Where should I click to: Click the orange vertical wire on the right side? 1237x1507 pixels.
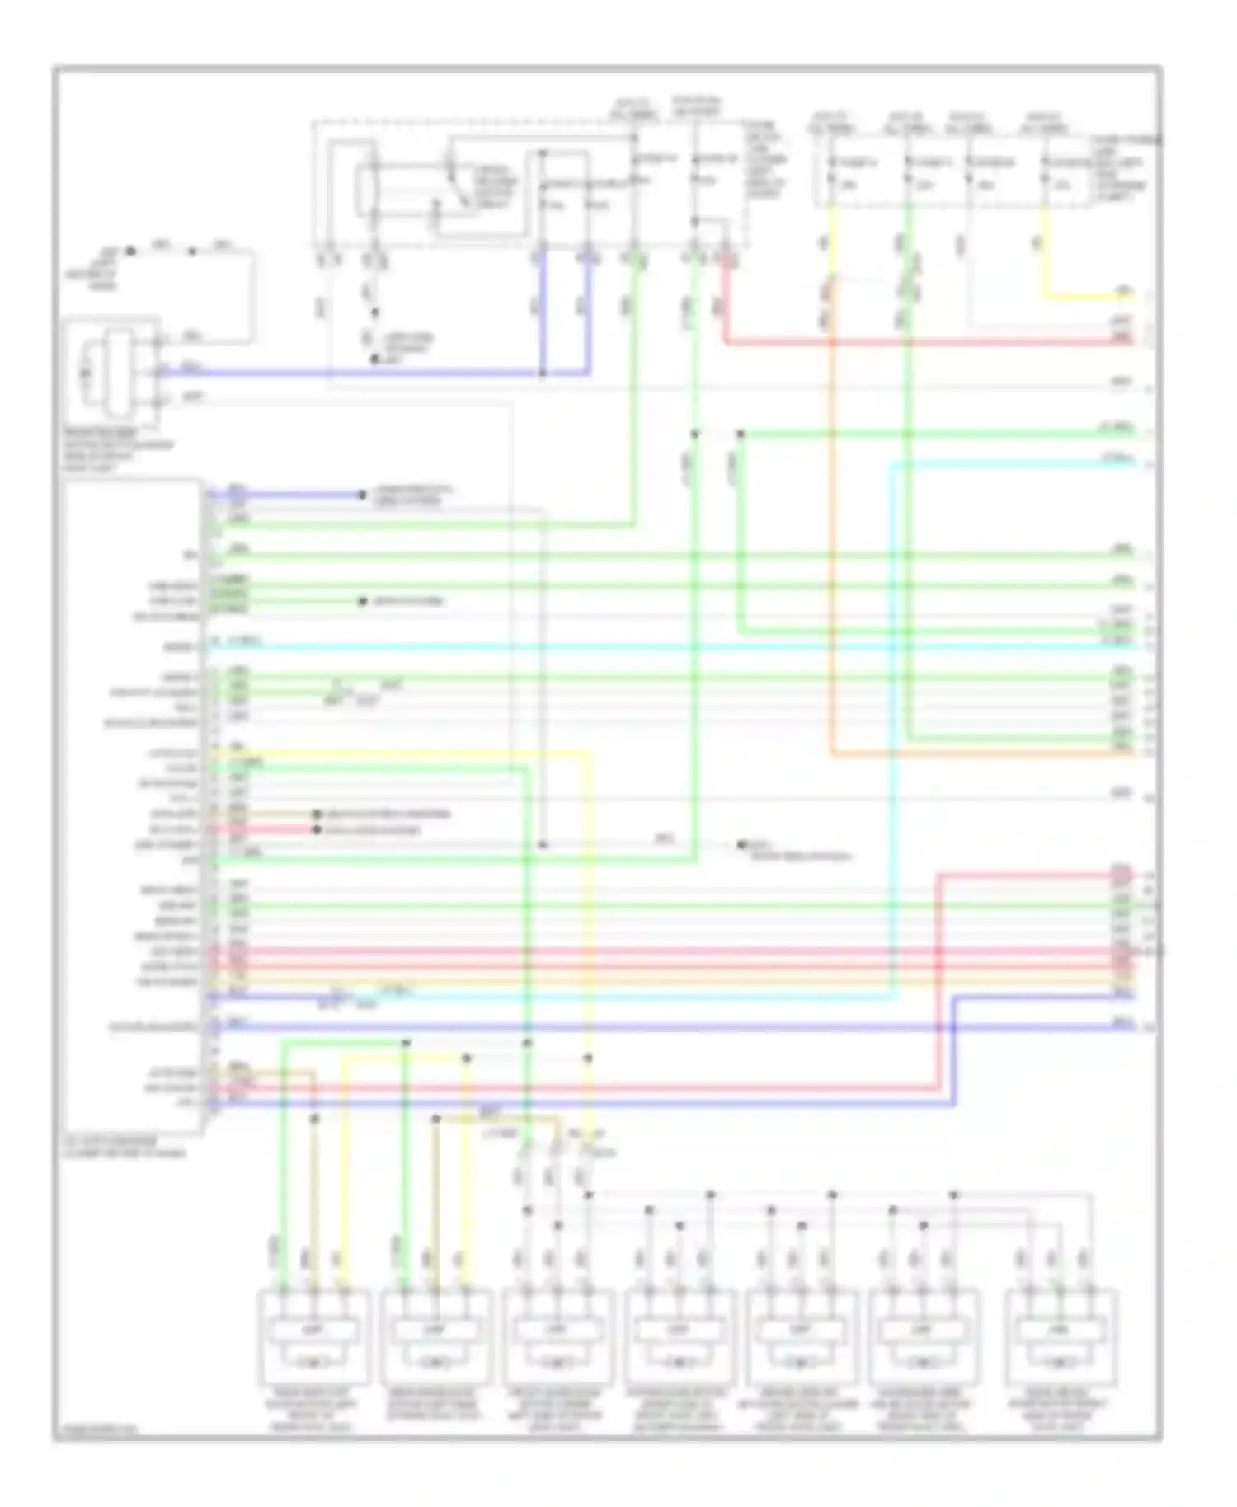(x=831, y=536)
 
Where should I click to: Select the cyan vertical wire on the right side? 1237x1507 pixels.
(x=892, y=742)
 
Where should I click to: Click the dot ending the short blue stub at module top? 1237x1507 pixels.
(x=361, y=495)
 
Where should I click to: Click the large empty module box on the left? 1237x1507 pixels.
(x=132, y=808)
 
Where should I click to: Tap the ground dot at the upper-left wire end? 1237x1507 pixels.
(x=130, y=250)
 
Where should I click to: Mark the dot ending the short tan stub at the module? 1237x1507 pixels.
(x=317, y=814)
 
